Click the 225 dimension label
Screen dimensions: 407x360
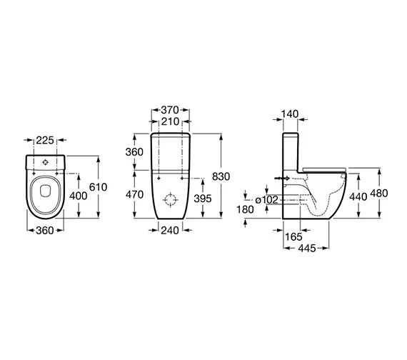pos(45,140)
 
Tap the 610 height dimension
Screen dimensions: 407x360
pos(98,187)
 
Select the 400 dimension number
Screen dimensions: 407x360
pos(79,196)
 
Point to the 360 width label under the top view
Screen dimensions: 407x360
pos(45,231)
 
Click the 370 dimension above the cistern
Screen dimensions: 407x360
pos(170,110)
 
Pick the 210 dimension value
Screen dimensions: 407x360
pos(170,121)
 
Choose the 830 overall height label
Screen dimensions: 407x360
pos(221,176)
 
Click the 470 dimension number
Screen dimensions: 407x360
pos(134,194)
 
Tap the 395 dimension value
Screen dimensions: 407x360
pos(203,199)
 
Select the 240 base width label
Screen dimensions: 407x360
pos(170,231)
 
